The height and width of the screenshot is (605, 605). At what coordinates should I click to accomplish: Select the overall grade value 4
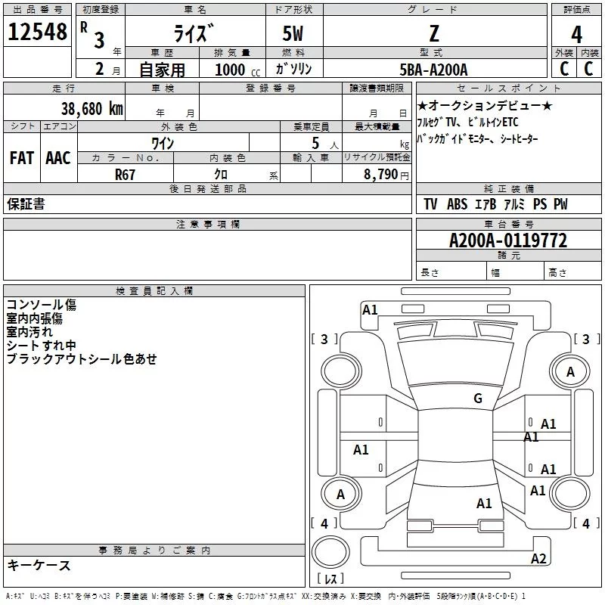[577, 34]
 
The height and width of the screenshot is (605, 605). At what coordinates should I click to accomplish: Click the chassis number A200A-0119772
[508, 240]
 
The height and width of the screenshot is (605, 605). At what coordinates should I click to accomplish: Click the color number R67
[126, 174]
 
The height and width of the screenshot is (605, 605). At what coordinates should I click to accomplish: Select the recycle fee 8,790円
[386, 174]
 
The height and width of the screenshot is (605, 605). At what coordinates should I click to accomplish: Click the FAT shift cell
[22, 158]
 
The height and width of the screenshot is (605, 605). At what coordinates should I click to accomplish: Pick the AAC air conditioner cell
[58, 158]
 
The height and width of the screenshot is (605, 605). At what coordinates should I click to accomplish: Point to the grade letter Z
[433, 34]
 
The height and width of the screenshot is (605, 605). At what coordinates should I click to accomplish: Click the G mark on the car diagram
[477, 399]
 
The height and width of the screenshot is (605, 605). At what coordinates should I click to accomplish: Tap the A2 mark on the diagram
[538, 559]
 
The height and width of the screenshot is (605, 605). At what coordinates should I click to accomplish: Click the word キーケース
[39, 565]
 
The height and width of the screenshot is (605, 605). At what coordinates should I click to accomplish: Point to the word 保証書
[26, 204]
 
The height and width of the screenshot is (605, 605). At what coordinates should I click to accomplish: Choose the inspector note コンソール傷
[42, 305]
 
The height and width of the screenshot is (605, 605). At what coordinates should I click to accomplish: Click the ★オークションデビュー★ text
[485, 106]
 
